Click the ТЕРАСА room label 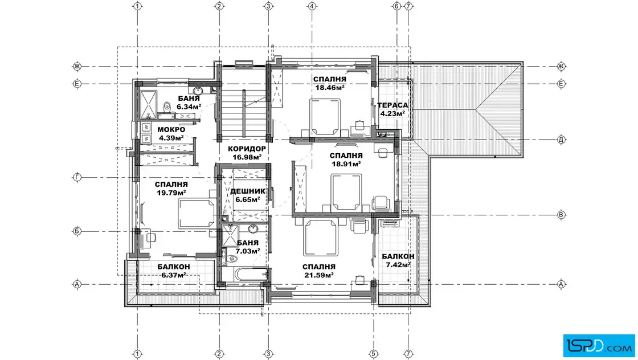392,105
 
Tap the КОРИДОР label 247,149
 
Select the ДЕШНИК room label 248,191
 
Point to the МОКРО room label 171,130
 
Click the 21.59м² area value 319,275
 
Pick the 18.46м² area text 330,88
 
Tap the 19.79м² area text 171,193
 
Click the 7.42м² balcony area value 398,265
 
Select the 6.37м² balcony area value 174,275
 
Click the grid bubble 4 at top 312,6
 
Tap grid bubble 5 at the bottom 374,354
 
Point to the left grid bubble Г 77,177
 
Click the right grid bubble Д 561,140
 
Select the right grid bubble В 561,215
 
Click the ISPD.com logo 599,346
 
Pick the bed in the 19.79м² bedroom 196,214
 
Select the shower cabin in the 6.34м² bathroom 148,105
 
